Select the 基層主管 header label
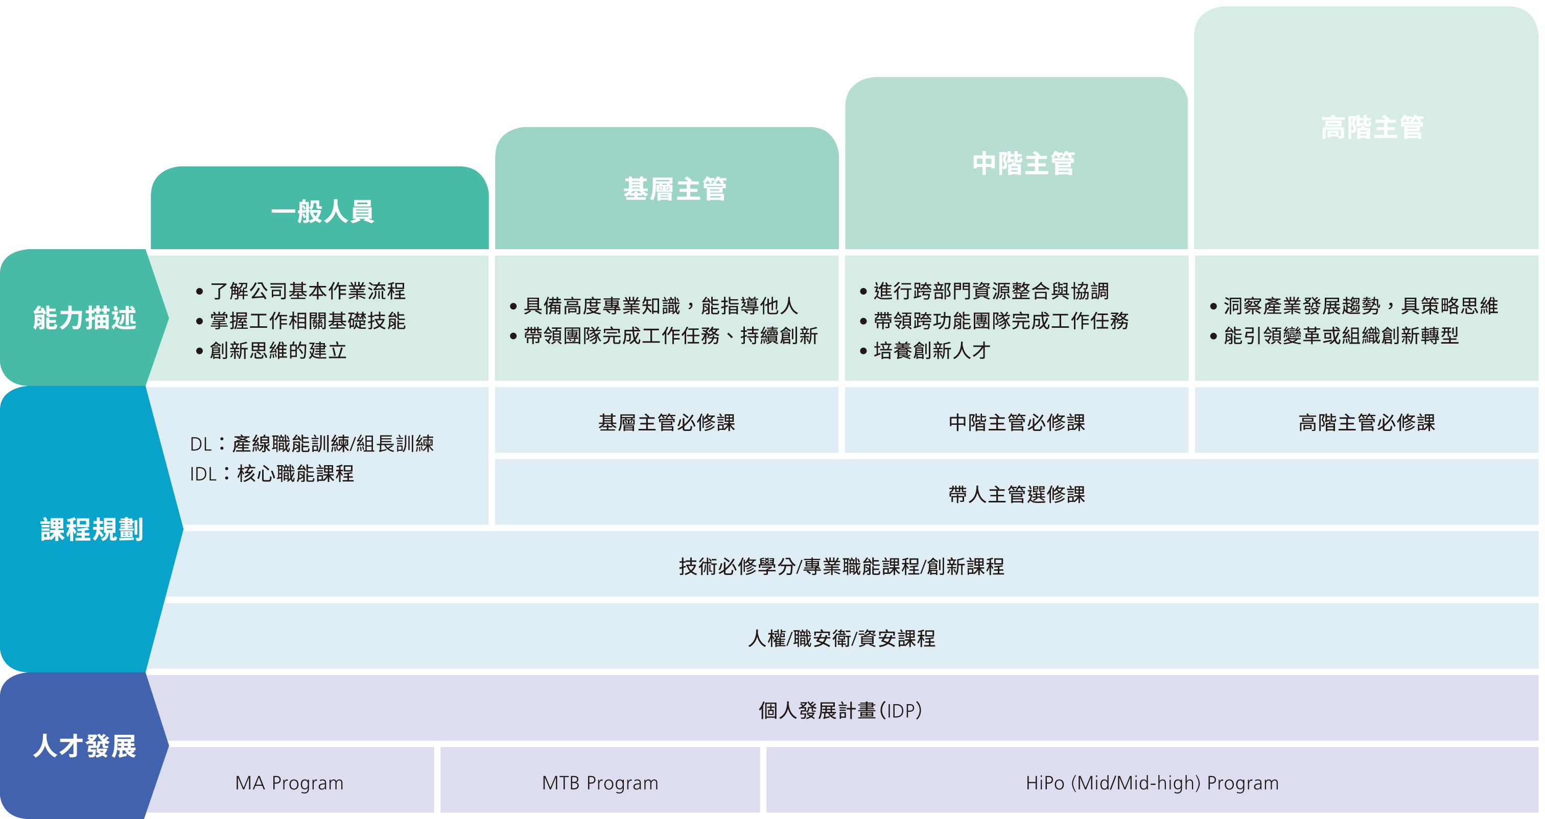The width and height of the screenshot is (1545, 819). coord(675,189)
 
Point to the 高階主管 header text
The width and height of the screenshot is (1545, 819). coord(1372,128)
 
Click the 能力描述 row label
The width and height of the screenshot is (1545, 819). coord(85,318)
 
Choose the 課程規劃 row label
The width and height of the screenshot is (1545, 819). coord(91,529)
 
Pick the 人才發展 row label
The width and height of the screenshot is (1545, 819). coord(85,746)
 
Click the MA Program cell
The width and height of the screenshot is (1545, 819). coord(289,782)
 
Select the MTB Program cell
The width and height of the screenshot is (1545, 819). coord(600,782)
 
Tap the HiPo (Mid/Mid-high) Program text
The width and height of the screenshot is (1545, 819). coord(1152,782)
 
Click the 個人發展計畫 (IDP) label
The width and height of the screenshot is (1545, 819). coord(839,710)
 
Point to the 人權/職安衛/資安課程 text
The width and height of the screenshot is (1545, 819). coord(841,638)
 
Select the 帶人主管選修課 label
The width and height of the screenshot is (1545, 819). coord(1017,494)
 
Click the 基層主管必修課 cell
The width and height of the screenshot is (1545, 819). coord(666,422)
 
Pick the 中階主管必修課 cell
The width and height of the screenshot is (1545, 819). coord(1017,422)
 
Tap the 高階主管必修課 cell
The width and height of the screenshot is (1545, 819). coord(1366,422)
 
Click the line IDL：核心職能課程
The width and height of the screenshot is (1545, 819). coord(272,474)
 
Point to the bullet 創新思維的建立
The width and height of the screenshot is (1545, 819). coord(278,351)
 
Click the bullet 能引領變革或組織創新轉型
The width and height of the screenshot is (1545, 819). coord(1341,336)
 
